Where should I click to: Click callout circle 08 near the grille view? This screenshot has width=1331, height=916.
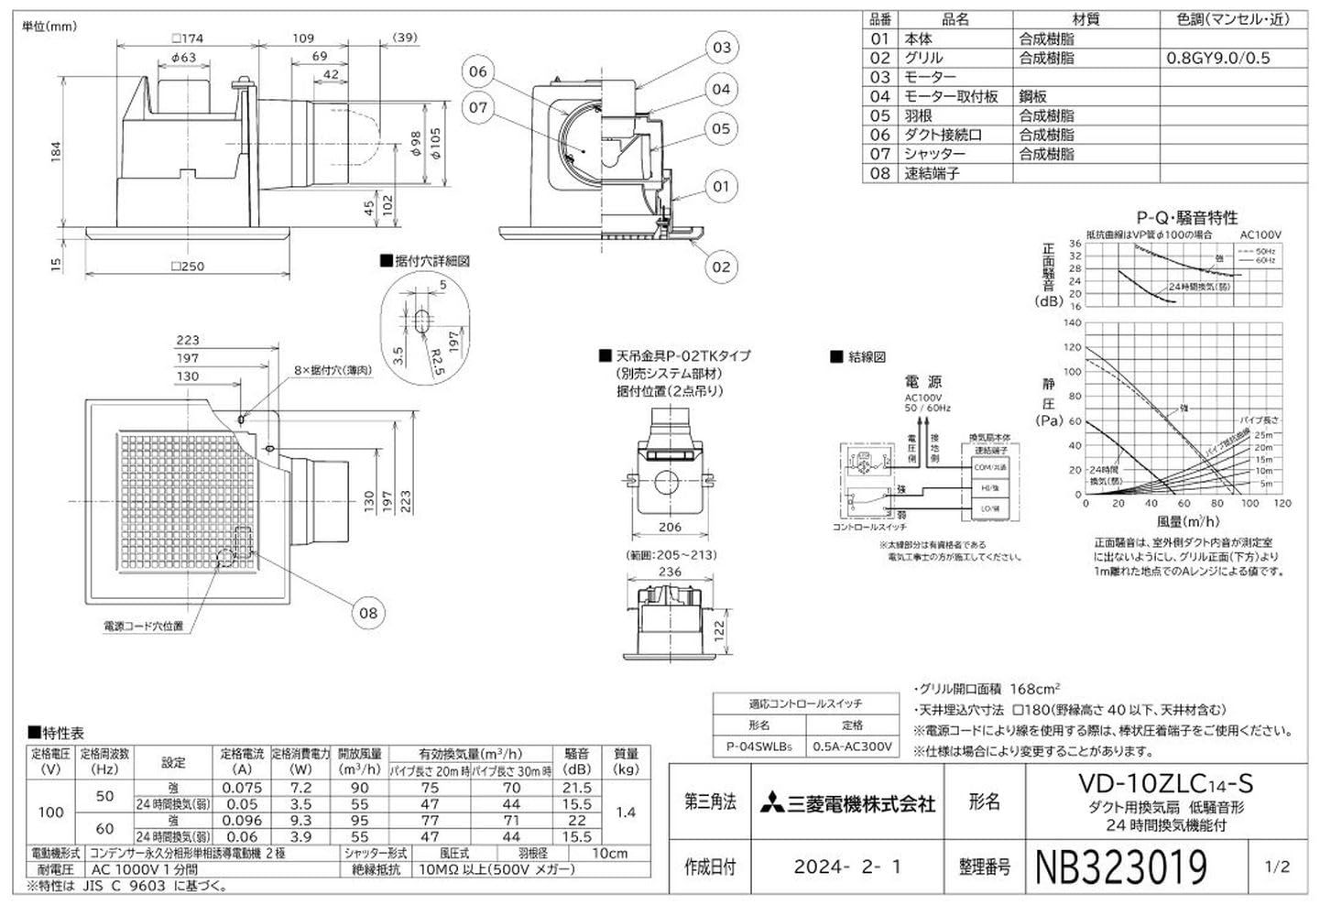[368, 613]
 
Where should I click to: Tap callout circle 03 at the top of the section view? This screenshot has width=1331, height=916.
[722, 48]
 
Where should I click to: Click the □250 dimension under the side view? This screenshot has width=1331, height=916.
[188, 267]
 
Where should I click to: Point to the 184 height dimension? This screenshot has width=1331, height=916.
[55, 148]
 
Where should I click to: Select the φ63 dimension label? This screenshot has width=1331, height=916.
[183, 58]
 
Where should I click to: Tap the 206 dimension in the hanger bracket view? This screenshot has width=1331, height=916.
[670, 527]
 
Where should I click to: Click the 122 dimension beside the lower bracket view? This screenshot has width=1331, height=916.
[718, 630]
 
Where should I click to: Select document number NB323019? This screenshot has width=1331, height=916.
[1120, 867]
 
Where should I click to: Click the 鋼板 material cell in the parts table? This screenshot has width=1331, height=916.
[1033, 96]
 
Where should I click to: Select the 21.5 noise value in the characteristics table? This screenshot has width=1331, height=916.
[576, 788]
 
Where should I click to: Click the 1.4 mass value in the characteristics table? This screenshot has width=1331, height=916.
[626, 812]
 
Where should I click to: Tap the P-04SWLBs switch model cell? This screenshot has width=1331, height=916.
[759, 747]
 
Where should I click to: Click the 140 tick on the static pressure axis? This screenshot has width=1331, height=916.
[1072, 323]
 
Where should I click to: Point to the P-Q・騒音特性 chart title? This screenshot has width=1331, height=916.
[1186, 217]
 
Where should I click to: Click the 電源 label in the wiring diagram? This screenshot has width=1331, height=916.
[922, 381]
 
